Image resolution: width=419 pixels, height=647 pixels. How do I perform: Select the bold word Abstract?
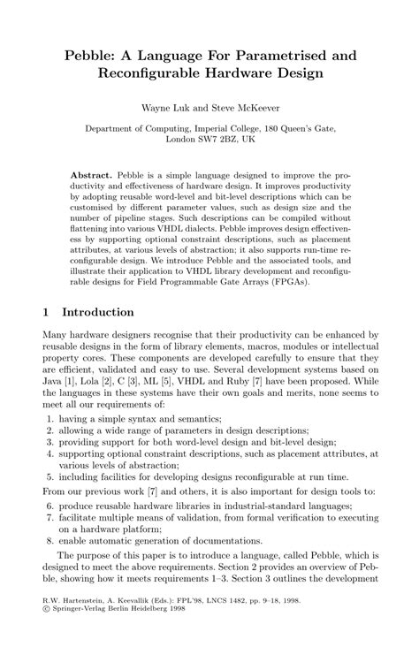[91, 176]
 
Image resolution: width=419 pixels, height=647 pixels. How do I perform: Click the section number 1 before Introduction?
[47, 312]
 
